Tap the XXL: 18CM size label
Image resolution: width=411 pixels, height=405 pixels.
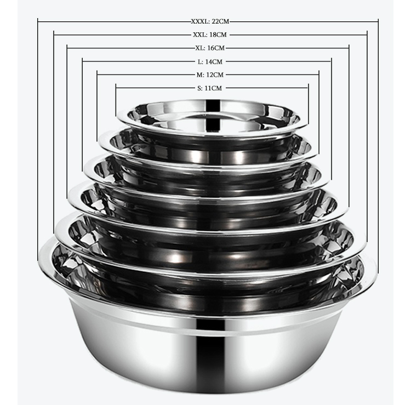pos(210,35)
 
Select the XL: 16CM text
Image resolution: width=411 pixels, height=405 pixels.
pos(209,48)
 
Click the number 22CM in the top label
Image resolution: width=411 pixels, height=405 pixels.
pos(219,21)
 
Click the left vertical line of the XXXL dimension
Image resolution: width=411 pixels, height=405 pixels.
pos(38,137)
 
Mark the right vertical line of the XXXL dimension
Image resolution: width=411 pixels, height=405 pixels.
pos(378,137)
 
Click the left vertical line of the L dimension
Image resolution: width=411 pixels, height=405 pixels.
pos(82,110)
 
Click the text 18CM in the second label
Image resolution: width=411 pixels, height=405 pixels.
pos(219,35)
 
